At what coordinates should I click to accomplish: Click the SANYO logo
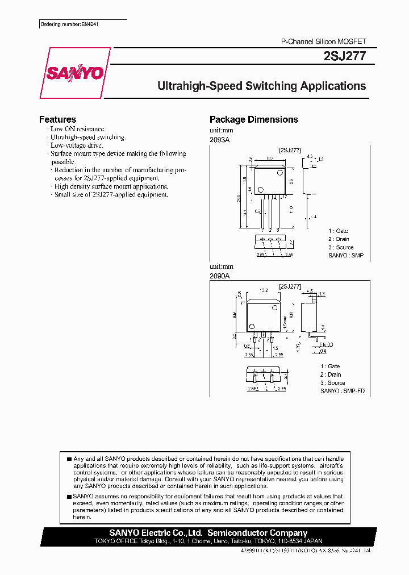point(74,74)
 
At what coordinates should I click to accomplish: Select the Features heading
point(57,119)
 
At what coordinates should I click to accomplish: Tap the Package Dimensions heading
point(253,119)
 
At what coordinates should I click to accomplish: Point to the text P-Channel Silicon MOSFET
point(324,42)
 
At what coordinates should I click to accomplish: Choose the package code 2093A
point(219,139)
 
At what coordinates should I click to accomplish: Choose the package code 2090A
point(219,275)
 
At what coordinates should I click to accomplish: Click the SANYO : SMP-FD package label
point(343,391)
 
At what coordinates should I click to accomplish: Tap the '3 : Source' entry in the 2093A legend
point(341,247)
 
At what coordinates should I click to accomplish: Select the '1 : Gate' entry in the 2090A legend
point(330,366)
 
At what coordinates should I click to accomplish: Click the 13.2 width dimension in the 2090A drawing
point(264,291)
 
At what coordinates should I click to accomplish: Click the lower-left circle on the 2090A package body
point(251,327)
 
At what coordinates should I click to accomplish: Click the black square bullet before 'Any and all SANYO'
point(69,459)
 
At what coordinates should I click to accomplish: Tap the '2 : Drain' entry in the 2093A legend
point(339,239)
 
